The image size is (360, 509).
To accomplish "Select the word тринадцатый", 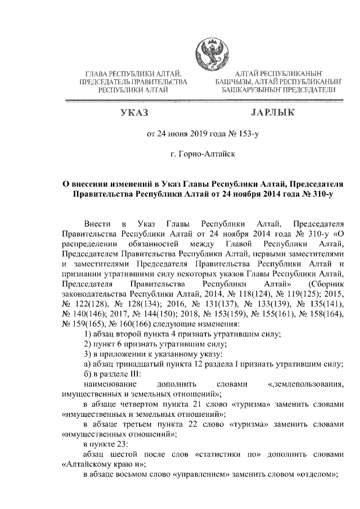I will pos(131,364).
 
